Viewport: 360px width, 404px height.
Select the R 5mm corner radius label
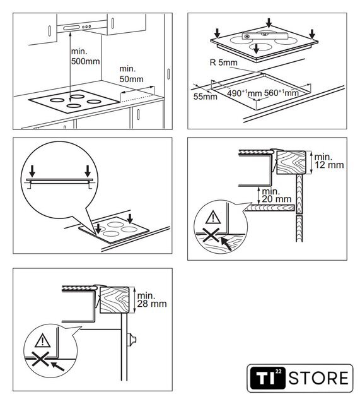point(224,62)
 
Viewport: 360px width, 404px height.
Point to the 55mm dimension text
point(206,97)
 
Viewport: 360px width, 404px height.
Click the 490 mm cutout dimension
point(244,93)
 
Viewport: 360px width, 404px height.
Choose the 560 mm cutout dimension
point(281,93)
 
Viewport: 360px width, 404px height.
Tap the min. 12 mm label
point(329,161)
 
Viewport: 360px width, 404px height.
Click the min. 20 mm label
point(276,195)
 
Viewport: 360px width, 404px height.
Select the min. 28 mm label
point(152,299)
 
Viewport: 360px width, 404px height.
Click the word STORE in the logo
point(318,378)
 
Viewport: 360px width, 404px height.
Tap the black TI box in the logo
point(268,378)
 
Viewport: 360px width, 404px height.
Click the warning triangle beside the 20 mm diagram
point(213,217)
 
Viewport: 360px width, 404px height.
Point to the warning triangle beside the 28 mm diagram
point(42,340)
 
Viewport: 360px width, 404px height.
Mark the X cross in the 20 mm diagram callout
point(211,235)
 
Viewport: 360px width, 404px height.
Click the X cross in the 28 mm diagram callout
point(40,359)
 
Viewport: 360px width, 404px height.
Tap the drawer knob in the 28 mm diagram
point(132,340)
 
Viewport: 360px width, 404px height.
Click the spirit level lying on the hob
point(265,36)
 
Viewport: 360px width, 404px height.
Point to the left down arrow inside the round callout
point(32,171)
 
